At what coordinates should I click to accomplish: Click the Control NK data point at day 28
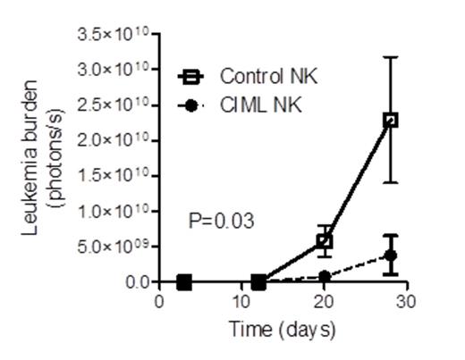pyautogui.click(x=390, y=120)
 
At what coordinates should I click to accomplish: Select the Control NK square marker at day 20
pyautogui.click(x=325, y=241)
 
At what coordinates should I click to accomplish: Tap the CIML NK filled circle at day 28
pyautogui.click(x=390, y=255)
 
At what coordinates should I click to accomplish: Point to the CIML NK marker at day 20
pyautogui.click(x=325, y=276)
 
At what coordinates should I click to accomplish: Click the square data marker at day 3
pyautogui.click(x=184, y=282)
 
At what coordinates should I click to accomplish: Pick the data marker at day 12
pyautogui.click(x=258, y=282)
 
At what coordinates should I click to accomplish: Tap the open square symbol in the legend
pyautogui.click(x=190, y=75)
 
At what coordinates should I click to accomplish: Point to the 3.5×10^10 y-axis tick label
pyautogui.click(x=115, y=34)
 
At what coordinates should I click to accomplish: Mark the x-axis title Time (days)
pyautogui.click(x=281, y=330)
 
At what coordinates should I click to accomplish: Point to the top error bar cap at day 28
pyautogui.click(x=390, y=57)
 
